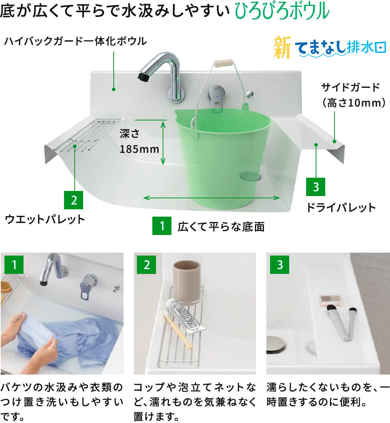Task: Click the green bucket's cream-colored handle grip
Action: click(223, 62)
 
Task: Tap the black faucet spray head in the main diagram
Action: click(143, 76)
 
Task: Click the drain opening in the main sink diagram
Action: click(251, 176)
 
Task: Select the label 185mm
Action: click(139, 149)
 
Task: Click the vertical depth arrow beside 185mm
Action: click(163, 143)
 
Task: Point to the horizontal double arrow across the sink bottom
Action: click(211, 198)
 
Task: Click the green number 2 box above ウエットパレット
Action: click(74, 200)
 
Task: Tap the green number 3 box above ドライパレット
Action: click(316, 187)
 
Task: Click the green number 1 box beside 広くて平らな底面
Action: click(162, 226)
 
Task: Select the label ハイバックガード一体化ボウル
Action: click(75, 41)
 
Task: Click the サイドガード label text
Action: click(351, 87)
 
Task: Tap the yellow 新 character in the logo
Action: click(282, 48)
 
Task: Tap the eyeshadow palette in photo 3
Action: click(331, 300)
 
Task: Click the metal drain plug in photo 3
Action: click(276, 344)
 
